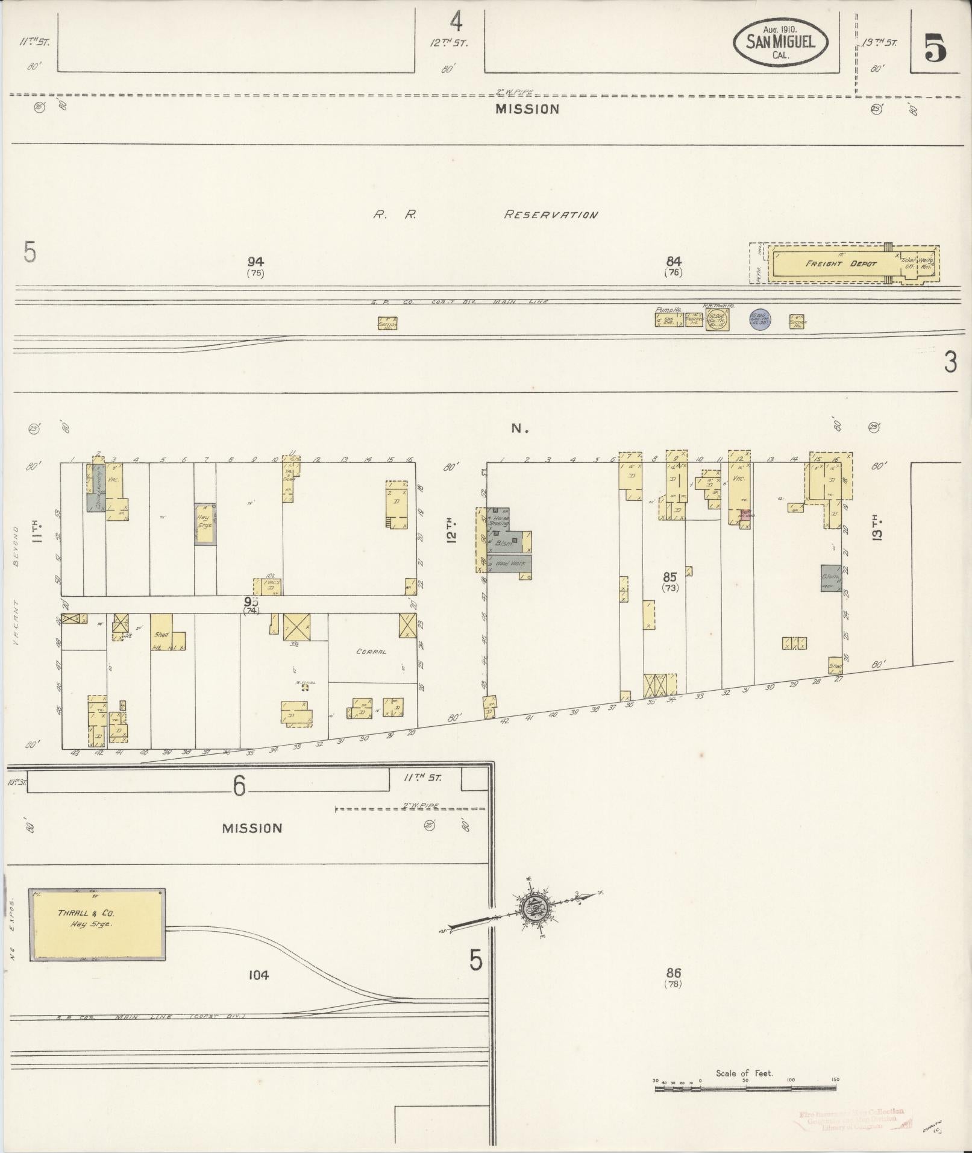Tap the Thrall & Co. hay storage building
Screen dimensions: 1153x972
tap(97, 923)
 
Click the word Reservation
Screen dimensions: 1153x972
tap(551, 215)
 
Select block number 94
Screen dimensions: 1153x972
tap(256, 262)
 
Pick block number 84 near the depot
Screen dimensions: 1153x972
tap(674, 262)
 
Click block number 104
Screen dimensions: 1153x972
tap(257, 975)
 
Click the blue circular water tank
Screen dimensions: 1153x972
tap(760, 319)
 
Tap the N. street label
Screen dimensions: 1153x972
tap(519, 429)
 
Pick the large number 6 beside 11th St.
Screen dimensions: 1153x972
tap(240, 785)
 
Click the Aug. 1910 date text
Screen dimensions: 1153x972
tap(780, 30)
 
